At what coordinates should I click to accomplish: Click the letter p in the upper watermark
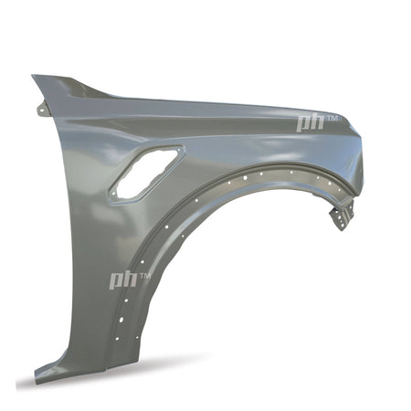pyautogui.click(x=303, y=122)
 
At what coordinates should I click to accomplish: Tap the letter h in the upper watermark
pyautogui.click(x=317, y=121)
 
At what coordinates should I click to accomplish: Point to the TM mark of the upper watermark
pyautogui.click(x=332, y=118)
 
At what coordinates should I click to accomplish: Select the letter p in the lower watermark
pyautogui.click(x=117, y=281)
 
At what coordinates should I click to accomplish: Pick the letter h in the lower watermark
pyautogui.click(x=130, y=279)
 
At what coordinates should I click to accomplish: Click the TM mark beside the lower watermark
pyautogui.click(x=145, y=276)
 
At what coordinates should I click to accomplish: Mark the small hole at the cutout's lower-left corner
pyautogui.click(x=113, y=194)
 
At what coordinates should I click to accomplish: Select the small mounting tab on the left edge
pyautogui.click(x=42, y=110)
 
